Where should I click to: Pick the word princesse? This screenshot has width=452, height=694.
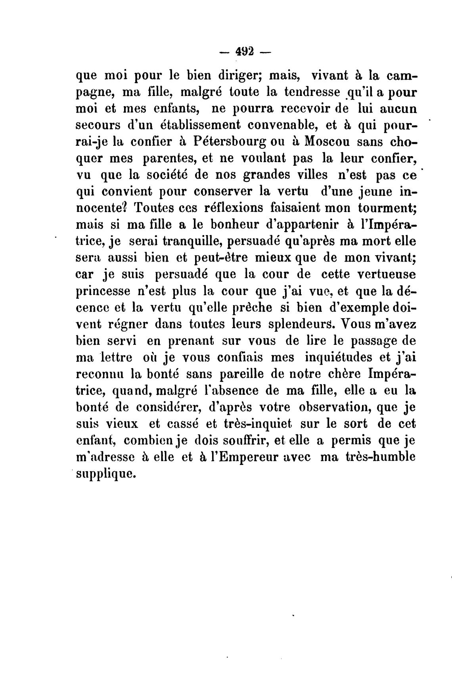(103, 292)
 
